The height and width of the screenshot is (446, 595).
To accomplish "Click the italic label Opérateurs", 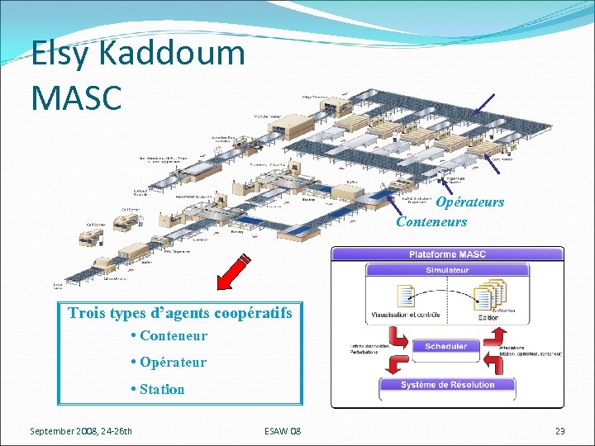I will (x=469, y=202).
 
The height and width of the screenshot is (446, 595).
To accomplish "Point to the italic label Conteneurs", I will (x=431, y=221).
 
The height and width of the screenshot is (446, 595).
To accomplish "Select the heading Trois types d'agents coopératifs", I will (x=180, y=313).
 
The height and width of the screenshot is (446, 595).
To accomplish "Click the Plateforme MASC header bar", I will (x=447, y=254).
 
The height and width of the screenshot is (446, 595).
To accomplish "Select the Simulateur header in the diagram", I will (x=447, y=270).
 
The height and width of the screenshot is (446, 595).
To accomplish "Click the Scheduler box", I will (x=446, y=346).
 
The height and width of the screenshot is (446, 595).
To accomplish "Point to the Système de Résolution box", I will (x=447, y=385).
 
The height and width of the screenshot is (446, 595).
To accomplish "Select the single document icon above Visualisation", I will (x=407, y=296).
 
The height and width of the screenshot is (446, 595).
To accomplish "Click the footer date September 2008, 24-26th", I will (x=81, y=431).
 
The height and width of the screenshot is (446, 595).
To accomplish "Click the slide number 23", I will (x=559, y=431).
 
